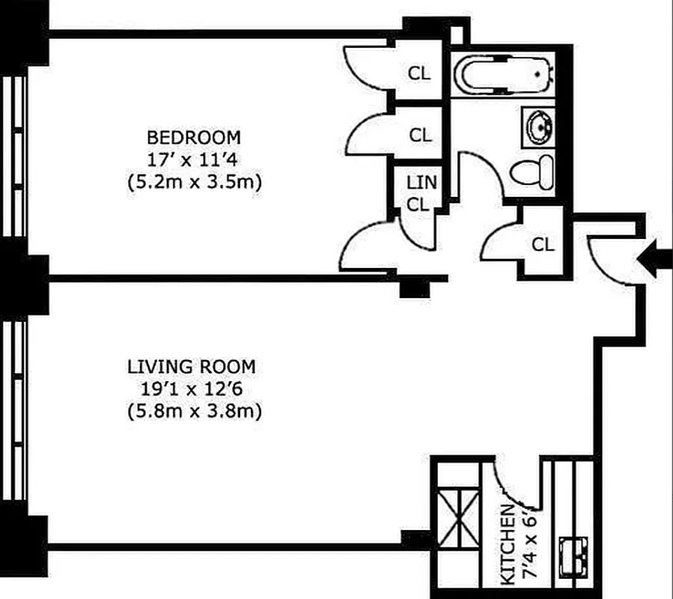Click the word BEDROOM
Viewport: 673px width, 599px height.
(x=194, y=138)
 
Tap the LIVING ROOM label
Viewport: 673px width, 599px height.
(x=192, y=367)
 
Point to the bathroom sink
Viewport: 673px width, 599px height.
(x=537, y=127)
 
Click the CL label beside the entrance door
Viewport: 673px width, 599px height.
(x=543, y=245)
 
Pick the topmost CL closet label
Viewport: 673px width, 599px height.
(x=420, y=73)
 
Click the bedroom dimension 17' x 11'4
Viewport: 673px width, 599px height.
(x=194, y=159)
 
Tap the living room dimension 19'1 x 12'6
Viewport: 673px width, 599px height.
(x=192, y=389)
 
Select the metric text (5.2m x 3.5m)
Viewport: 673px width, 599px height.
(x=194, y=182)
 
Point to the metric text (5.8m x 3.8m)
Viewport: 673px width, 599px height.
(x=192, y=411)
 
